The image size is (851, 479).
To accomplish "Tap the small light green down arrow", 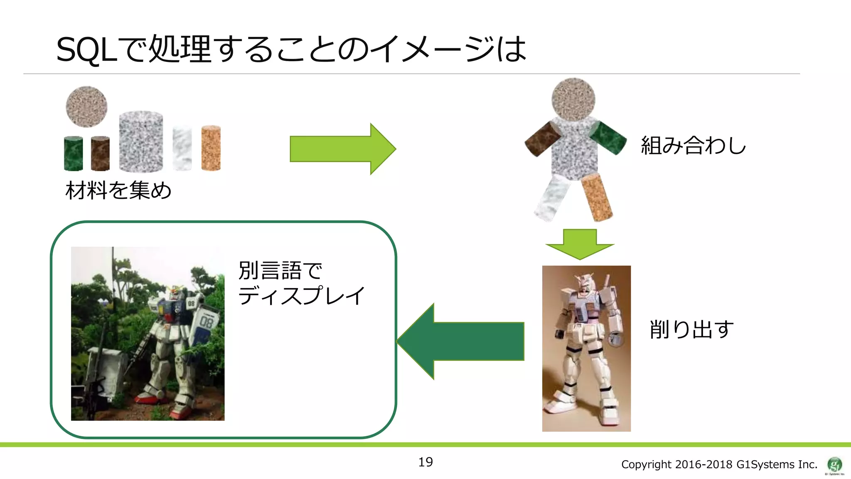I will click(x=580, y=244).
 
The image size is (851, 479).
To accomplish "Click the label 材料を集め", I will click(x=118, y=191).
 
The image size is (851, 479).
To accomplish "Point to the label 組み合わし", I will click(x=693, y=146).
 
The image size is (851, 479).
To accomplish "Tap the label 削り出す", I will click(x=691, y=329).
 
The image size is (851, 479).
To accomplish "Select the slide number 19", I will click(x=425, y=462).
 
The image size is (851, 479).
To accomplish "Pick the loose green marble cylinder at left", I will click(x=74, y=153).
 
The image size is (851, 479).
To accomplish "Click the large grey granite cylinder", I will click(x=141, y=141).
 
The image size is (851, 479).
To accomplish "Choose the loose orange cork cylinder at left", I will click(x=211, y=148).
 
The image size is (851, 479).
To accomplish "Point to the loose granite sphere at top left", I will click(x=86, y=106).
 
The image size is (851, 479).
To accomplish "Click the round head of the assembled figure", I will click(x=573, y=99).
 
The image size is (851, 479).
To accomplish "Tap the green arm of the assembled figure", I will click(x=608, y=138).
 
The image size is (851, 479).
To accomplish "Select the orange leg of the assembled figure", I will click(x=597, y=197).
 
